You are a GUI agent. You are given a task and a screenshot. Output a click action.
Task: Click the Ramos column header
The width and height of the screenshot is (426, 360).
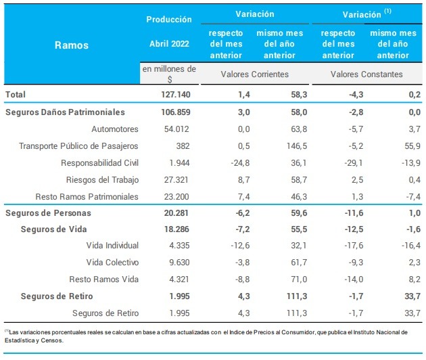click(71, 45)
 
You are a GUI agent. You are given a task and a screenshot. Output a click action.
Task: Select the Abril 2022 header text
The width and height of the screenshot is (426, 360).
click(169, 44)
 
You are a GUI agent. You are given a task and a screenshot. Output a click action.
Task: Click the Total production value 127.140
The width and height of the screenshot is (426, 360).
click(174, 95)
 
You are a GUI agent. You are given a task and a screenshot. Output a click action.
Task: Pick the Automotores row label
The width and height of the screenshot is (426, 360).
click(115, 129)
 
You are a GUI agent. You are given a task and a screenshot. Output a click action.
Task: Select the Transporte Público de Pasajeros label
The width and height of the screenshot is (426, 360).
click(78, 145)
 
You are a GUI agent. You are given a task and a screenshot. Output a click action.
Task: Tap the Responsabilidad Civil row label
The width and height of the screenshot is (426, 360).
click(99, 162)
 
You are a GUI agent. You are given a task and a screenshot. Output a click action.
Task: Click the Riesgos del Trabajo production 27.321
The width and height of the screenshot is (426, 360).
click(178, 179)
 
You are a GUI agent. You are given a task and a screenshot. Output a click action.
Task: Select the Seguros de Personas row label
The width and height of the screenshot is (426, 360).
click(47, 213)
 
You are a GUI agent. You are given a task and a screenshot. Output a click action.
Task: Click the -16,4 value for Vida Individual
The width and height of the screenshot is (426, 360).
click(405, 246)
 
